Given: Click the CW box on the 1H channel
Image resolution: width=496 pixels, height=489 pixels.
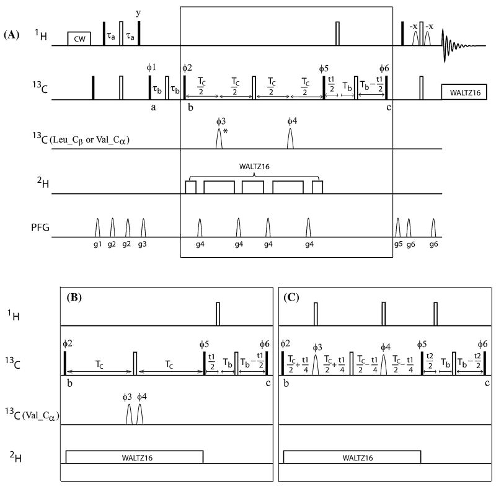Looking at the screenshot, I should (x=79, y=38).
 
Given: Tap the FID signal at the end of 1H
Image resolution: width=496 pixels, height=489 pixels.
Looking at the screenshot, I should (x=459, y=45).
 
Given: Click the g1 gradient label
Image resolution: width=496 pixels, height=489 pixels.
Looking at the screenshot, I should (x=97, y=244).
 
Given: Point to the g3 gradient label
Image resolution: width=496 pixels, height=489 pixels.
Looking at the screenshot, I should (x=143, y=244).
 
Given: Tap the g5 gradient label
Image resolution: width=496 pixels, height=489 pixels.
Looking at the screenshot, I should (x=397, y=244).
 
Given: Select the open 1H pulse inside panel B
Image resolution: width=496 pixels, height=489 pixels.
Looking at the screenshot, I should (x=218, y=313).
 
